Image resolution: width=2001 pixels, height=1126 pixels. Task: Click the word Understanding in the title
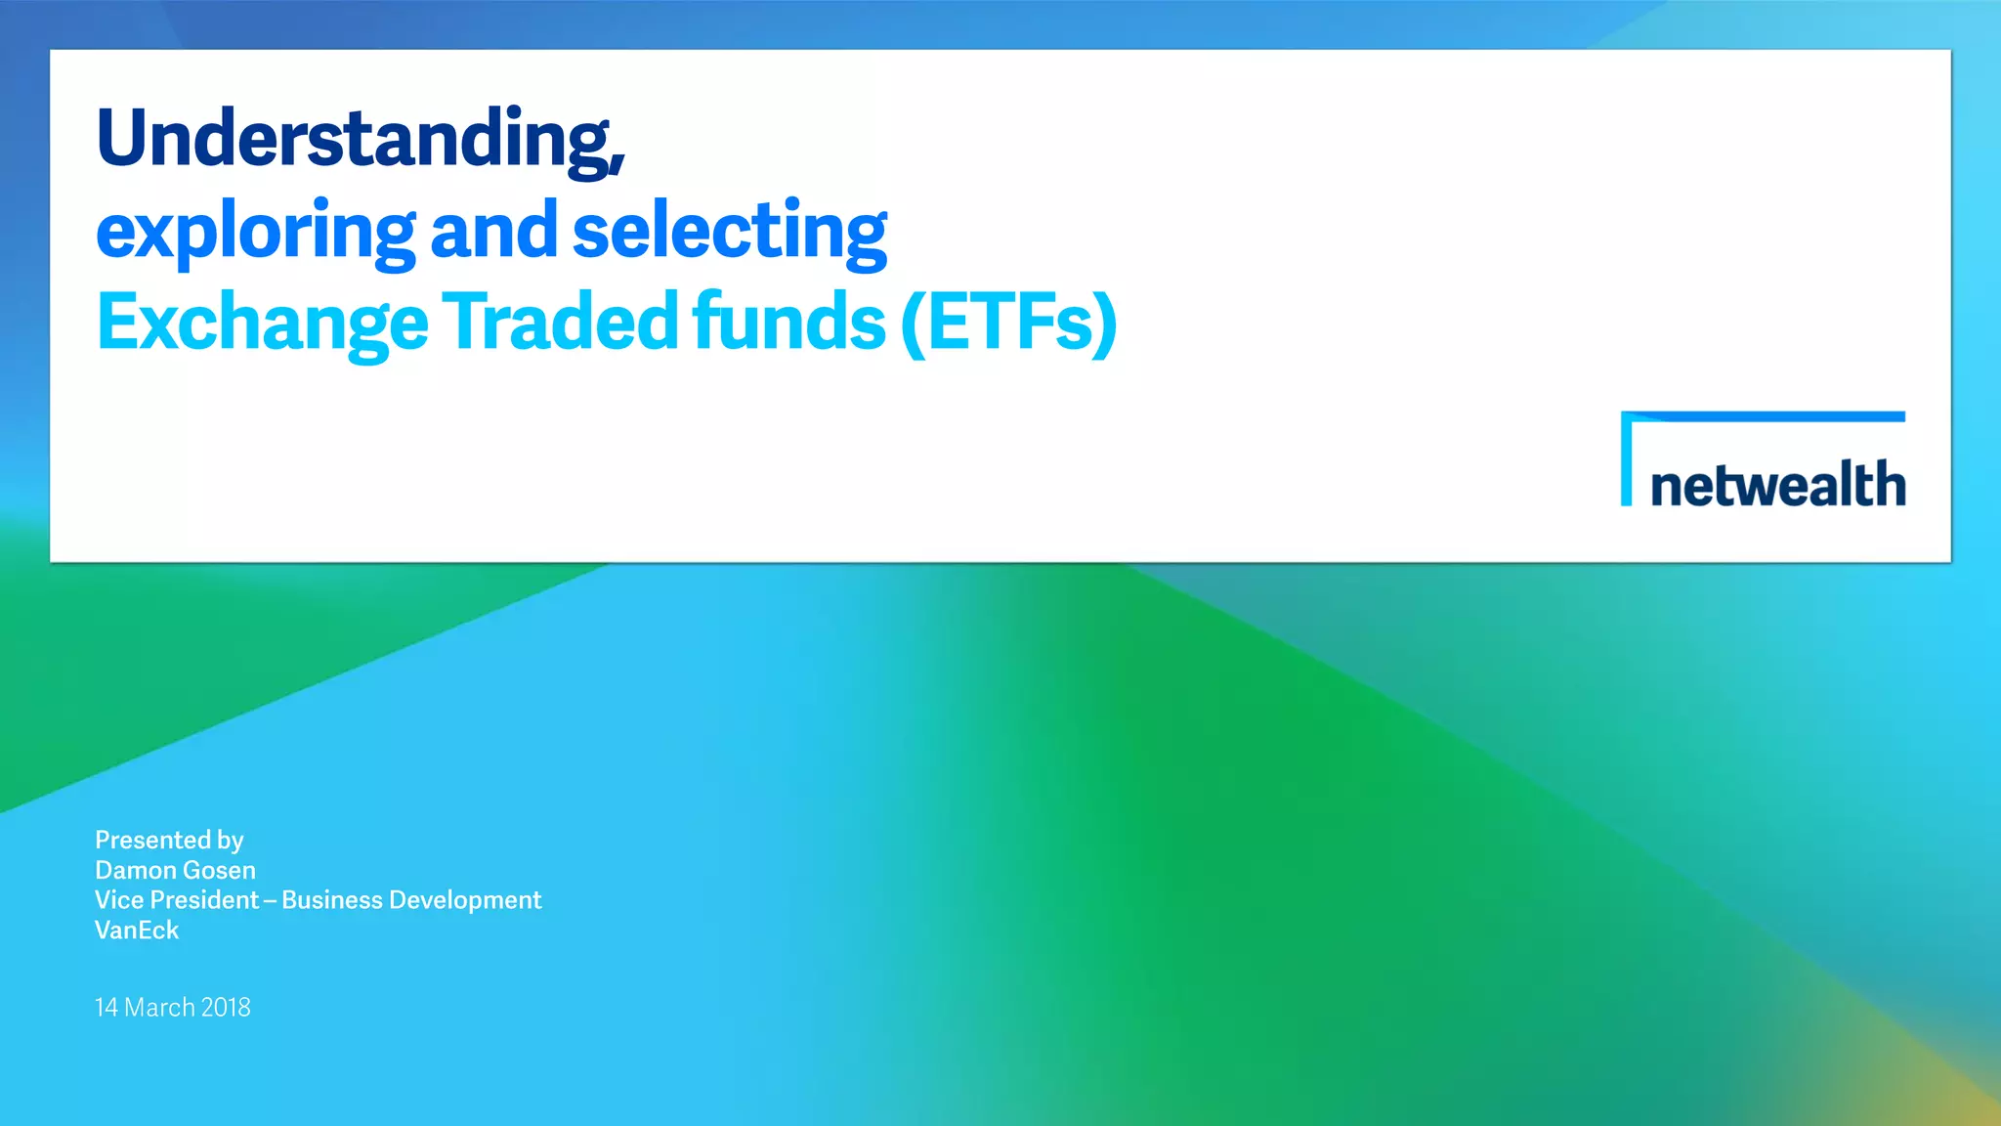point(359,139)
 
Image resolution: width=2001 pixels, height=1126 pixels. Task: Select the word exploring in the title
point(256,233)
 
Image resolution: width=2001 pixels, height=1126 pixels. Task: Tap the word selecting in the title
point(729,233)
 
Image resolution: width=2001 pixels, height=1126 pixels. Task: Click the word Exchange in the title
point(262,323)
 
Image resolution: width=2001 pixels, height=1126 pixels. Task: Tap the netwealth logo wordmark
point(1777,485)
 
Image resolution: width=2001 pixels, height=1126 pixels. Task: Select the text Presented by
point(169,841)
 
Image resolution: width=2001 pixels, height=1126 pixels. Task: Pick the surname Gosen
point(219,870)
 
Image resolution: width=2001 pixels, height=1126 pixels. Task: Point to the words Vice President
point(177,900)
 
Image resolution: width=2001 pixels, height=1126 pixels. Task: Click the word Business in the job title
point(332,900)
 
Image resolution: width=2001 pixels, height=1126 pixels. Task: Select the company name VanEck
point(137,931)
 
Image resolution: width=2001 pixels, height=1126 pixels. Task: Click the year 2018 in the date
point(226,1008)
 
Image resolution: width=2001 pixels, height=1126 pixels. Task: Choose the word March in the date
point(159,1008)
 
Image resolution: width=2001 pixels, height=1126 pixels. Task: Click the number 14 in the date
point(106,1008)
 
